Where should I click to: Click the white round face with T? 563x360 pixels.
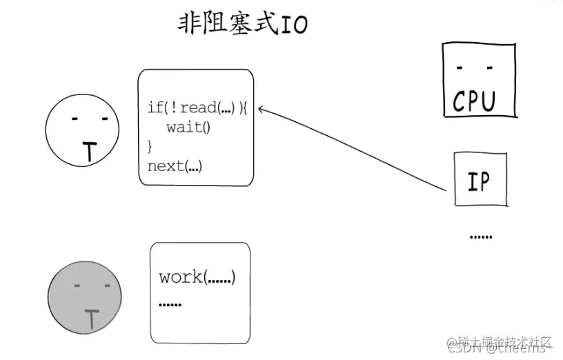[80, 132]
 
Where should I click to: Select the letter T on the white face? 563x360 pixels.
[89, 152]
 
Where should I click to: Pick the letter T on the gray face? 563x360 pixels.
[91, 318]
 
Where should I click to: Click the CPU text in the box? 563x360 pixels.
[474, 101]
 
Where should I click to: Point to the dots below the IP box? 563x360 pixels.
[481, 237]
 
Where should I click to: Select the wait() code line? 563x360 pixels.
[188, 128]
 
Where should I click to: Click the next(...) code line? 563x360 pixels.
[175, 166]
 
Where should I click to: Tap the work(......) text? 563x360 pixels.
[197, 277]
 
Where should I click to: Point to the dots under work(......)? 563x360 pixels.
[170, 304]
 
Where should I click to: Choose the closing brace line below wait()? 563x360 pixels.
[150, 146]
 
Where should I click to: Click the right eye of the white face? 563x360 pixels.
[103, 119]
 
